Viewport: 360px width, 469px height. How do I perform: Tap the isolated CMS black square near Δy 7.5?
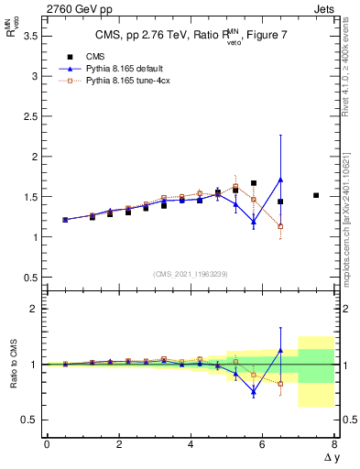pos(316,195)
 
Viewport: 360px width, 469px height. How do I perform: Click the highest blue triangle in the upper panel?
pos(280,180)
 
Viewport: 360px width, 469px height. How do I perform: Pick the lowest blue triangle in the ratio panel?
pos(254,391)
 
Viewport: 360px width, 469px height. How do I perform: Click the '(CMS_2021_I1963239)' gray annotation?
pos(191,274)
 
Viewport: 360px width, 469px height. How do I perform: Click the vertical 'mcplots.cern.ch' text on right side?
pos(348,220)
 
